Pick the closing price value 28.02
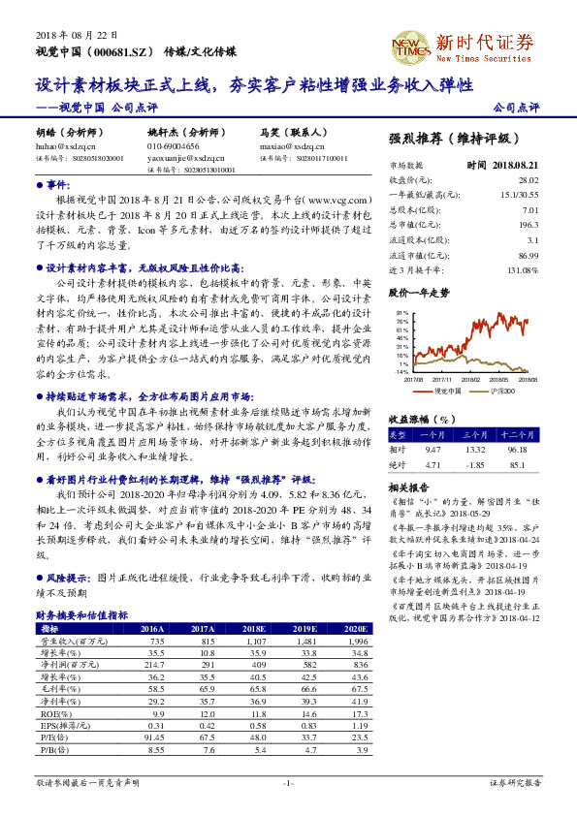point(528,179)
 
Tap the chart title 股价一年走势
point(419,291)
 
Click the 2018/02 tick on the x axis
point(473,379)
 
